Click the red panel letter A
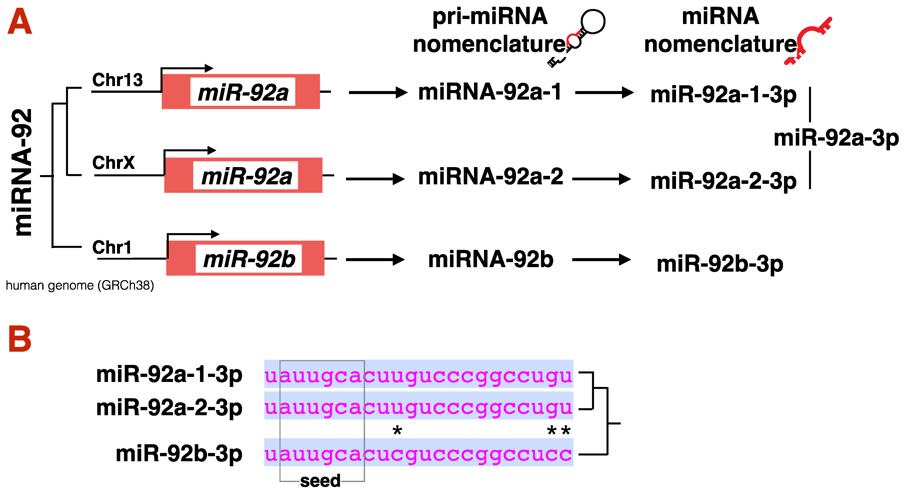pyautogui.click(x=20, y=22)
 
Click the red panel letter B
pyautogui.click(x=20, y=339)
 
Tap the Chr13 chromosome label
pyautogui.click(x=117, y=80)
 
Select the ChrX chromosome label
pyautogui.click(x=113, y=163)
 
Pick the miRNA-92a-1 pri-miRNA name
pyautogui.click(x=490, y=92)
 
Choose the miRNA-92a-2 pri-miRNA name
pyautogui.click(x=490, y=176)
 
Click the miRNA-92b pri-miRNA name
pyautogui.click(x=490, y=260)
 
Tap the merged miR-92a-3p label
pyautogui.click(x=836, y=138)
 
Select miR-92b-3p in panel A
pyautogui.click(x=719, y=264)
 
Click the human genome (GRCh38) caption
pyautogui.click(x=80, y=285)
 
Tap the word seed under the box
pyautogui.click(x=320, y=481)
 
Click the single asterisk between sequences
pyautogui.click(x=397, y=430)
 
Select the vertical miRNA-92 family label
pyautogui.click(x=22, y=172)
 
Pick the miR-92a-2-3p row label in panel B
pyautogui.click(x=169, y=408)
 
